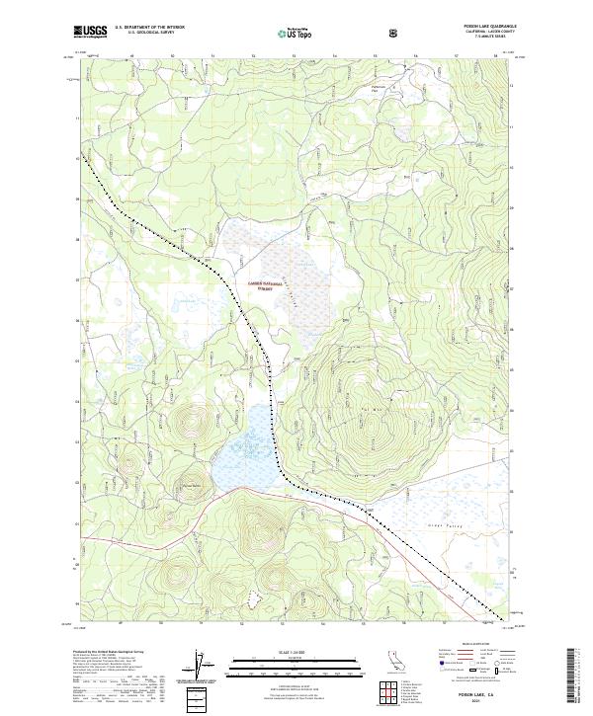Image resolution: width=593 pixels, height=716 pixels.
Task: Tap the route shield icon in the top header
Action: (x=340, y=33)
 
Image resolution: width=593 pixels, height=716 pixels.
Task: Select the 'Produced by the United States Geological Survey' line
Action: (x=112, y=653)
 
